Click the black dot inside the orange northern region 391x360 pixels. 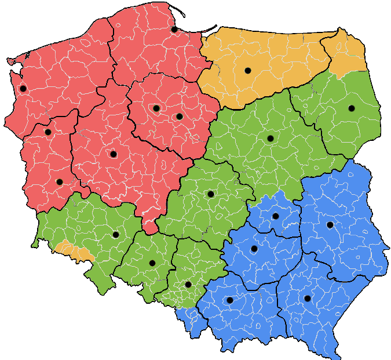247,71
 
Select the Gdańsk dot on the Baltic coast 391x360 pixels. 174,29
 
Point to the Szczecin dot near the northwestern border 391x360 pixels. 23,89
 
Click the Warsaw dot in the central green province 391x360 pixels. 270,139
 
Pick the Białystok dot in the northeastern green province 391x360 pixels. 351,108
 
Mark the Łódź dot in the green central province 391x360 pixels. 210,194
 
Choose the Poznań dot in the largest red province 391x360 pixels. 113,154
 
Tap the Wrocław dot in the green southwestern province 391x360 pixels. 115,235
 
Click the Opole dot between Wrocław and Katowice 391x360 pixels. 152,263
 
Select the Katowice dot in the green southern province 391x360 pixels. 188,285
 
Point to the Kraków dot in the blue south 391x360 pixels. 229,300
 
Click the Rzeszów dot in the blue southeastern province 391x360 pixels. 307,299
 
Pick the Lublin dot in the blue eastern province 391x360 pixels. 330,225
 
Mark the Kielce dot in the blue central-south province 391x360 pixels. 254,249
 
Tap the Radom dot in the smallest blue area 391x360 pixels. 275,216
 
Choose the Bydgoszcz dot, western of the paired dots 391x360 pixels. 156,108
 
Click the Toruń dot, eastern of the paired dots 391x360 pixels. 179,117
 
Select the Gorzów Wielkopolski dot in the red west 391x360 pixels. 48,132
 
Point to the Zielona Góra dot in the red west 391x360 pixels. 59,182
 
